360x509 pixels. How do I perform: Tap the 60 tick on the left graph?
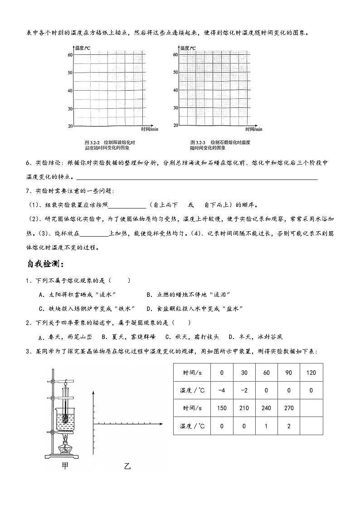pyautogui.click(x=70, y=55)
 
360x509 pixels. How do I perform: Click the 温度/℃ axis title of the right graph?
pyautogui.click(x=188, y=48)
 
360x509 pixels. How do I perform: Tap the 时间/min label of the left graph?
pyautogui.click(x=150, y=130)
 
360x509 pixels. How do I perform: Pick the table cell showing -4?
pyautogui.click(x=222, y=390)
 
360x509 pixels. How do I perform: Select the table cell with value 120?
pyautogui.click(x=311, y=373)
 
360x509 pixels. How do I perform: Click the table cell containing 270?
pyautogui.click(x=288, y=408)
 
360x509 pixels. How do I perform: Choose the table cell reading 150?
pyautogui.click(x=222, y=408)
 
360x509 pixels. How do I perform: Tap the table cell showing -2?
pyautogui.click(x=244, y=390)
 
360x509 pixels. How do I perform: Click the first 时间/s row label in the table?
pyautogui.click(x=192, y=373)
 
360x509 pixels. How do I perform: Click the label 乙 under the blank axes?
pyautogui.click(x=127, y=466)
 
